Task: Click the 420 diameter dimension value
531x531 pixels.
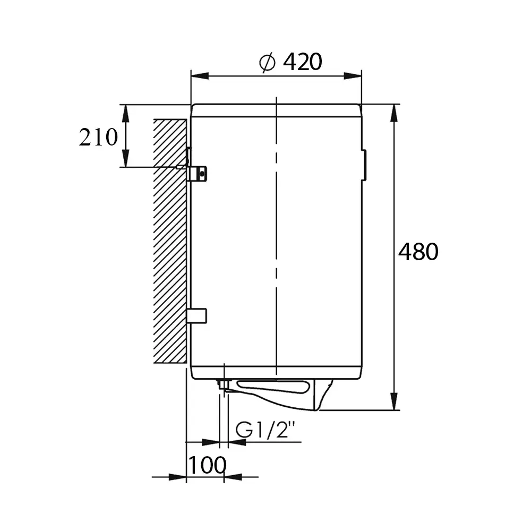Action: click(303, 62)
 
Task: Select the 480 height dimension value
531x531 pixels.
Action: click(418, 252)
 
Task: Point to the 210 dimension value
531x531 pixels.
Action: click(98, 137)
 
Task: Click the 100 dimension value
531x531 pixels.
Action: click(207, 465)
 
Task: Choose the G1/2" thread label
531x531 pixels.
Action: click(263, 430)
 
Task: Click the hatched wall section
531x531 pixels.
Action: click(170, 241)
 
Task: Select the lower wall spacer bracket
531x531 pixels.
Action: click(197, 316)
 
